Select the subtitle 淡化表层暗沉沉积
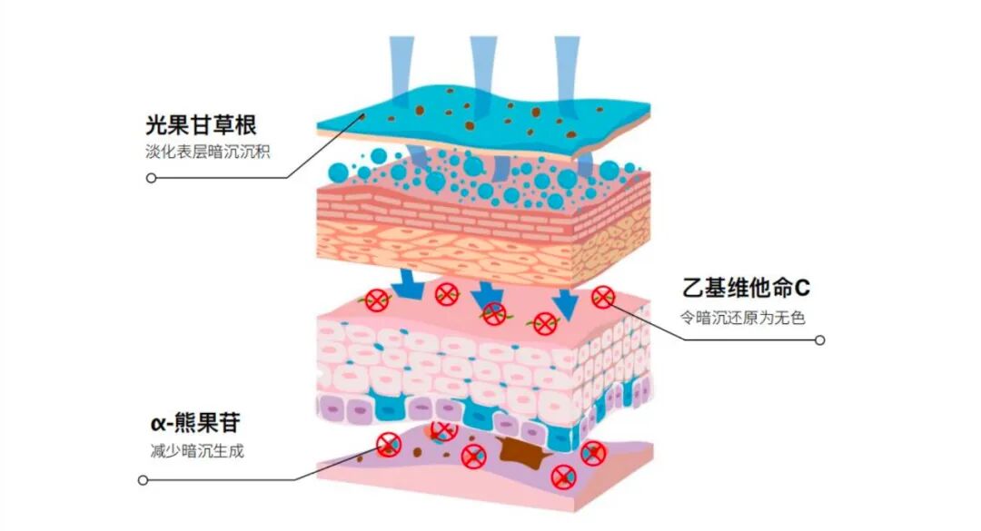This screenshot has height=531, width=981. point(206,152)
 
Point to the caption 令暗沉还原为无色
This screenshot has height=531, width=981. point(743,318)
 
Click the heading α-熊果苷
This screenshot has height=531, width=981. point(195,423)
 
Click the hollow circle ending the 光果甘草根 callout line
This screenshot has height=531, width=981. point(151,178)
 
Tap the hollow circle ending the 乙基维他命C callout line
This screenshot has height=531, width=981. point(820,340)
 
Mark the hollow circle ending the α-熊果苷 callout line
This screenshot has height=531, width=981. point(142,479)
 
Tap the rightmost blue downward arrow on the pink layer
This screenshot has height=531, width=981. point(568,301)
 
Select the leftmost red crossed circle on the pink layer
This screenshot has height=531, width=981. point(376,300)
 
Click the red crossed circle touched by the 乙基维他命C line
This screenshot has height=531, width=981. point(603,297)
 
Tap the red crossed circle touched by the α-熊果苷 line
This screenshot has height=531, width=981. point(389,444)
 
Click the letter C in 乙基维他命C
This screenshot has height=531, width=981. point(801,290)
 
